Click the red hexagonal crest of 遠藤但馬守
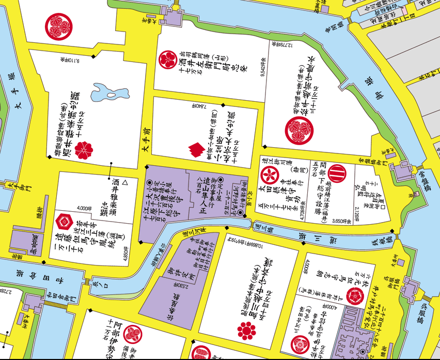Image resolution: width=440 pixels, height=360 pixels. (64, 222)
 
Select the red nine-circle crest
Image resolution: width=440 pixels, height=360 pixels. (247, 329)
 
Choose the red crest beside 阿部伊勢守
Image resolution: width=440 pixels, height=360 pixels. (134, 334)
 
